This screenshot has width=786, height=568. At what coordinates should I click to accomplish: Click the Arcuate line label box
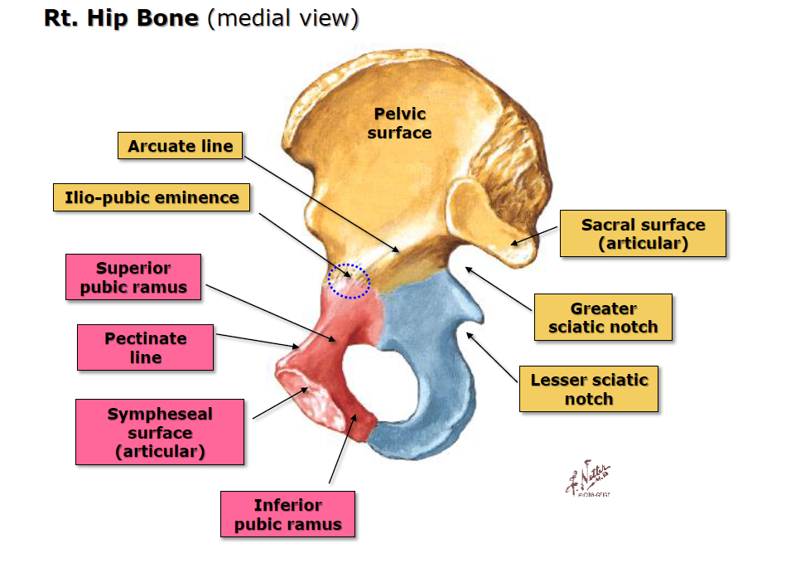tap(181, 147)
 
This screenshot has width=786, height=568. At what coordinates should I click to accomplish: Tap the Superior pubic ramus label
tap(134, 279)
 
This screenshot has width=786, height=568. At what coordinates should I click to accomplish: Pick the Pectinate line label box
tap(145, 347)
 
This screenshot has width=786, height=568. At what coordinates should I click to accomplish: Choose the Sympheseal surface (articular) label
tap(160, 432)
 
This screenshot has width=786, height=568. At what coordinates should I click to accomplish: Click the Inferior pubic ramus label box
tap(287, 514)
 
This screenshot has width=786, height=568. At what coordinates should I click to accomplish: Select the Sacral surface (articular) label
tap(643, 234)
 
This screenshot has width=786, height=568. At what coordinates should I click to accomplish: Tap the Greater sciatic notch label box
tap(602, 318)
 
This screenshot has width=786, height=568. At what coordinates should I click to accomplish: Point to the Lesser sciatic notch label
tap(589, 389)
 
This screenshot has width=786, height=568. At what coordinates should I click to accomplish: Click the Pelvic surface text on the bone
tap(399, 123)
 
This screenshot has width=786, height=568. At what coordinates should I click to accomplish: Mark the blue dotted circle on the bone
tap(349, 280)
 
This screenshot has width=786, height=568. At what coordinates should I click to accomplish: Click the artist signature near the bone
tap(590, 479)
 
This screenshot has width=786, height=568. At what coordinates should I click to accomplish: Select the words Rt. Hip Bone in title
tap(121, 19)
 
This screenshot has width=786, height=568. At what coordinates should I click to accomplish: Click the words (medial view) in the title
tap(282, 19)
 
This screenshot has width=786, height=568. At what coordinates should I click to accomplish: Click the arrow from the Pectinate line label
tap(257, 341)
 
